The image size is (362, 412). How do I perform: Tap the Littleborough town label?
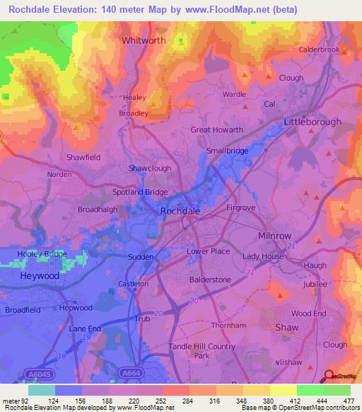click(x=312, y=122)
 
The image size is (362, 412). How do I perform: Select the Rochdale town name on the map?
click(x=180, y=211)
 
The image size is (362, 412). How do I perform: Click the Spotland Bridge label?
click(x=141, y=192)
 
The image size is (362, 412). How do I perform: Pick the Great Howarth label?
click(x=217, y=130)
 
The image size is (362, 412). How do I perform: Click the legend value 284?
click(x=189, y=401)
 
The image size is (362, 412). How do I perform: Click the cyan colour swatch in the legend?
click(x=41, y=390)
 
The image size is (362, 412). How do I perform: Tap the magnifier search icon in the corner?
click(x=328, y=375)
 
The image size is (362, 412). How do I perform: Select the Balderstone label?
click(x=210, y=280)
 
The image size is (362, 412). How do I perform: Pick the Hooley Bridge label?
click(x=42, y=253)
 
